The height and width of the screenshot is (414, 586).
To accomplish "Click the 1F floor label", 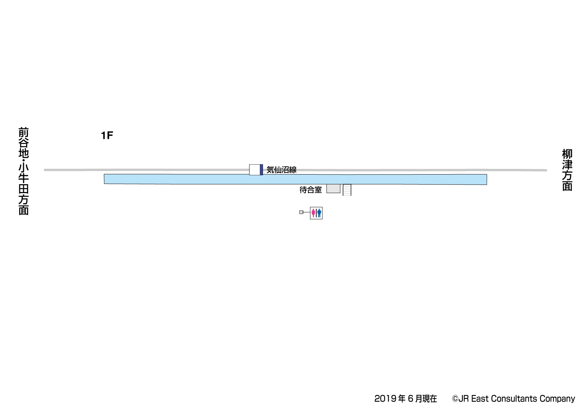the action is [x=107, y=135].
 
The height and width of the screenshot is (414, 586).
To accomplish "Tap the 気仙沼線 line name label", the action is [x=282, y=170].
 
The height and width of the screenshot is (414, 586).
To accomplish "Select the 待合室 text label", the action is [x=310, y=190].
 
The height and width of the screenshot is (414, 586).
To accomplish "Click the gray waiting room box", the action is [x=333, y=188].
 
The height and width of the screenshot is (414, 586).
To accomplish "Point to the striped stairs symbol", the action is [x=347, y=190].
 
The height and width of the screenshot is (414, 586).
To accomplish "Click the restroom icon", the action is [x=316, y=213].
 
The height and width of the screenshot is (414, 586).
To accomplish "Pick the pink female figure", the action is [x=313, y=213].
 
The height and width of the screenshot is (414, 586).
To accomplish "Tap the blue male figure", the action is [x=319, y=213].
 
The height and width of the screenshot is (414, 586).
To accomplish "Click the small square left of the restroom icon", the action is [x=301, y=212].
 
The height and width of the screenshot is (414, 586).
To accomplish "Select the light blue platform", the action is [x=295, y=179].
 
